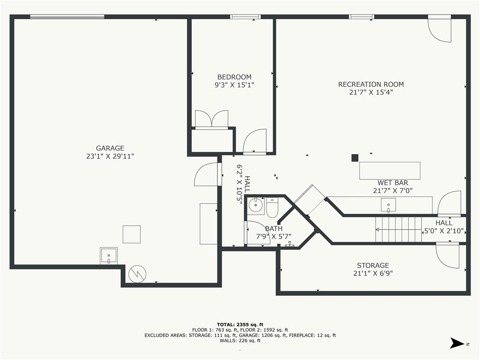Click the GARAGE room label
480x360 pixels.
pos(110,148)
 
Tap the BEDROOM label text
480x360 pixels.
pos(234,77)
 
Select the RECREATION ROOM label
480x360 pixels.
pos(371,84)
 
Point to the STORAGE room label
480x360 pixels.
pos(373,265)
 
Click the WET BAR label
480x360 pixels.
pos(392,183)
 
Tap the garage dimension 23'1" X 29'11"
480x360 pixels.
pos(110,157)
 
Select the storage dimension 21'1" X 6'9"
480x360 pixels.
pos(373,273)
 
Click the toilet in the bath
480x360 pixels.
pos(272,208)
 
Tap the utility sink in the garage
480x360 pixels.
pos(108,255)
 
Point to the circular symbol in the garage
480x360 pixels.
pos(137,274)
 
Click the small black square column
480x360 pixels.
pos(355,158)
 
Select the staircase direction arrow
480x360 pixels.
pos(398,230)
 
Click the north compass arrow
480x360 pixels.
pos(457,343)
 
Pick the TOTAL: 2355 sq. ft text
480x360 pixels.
pos(240,324)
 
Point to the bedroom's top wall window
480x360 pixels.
pos(246,17)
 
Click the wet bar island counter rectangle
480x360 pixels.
pos(390,171)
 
